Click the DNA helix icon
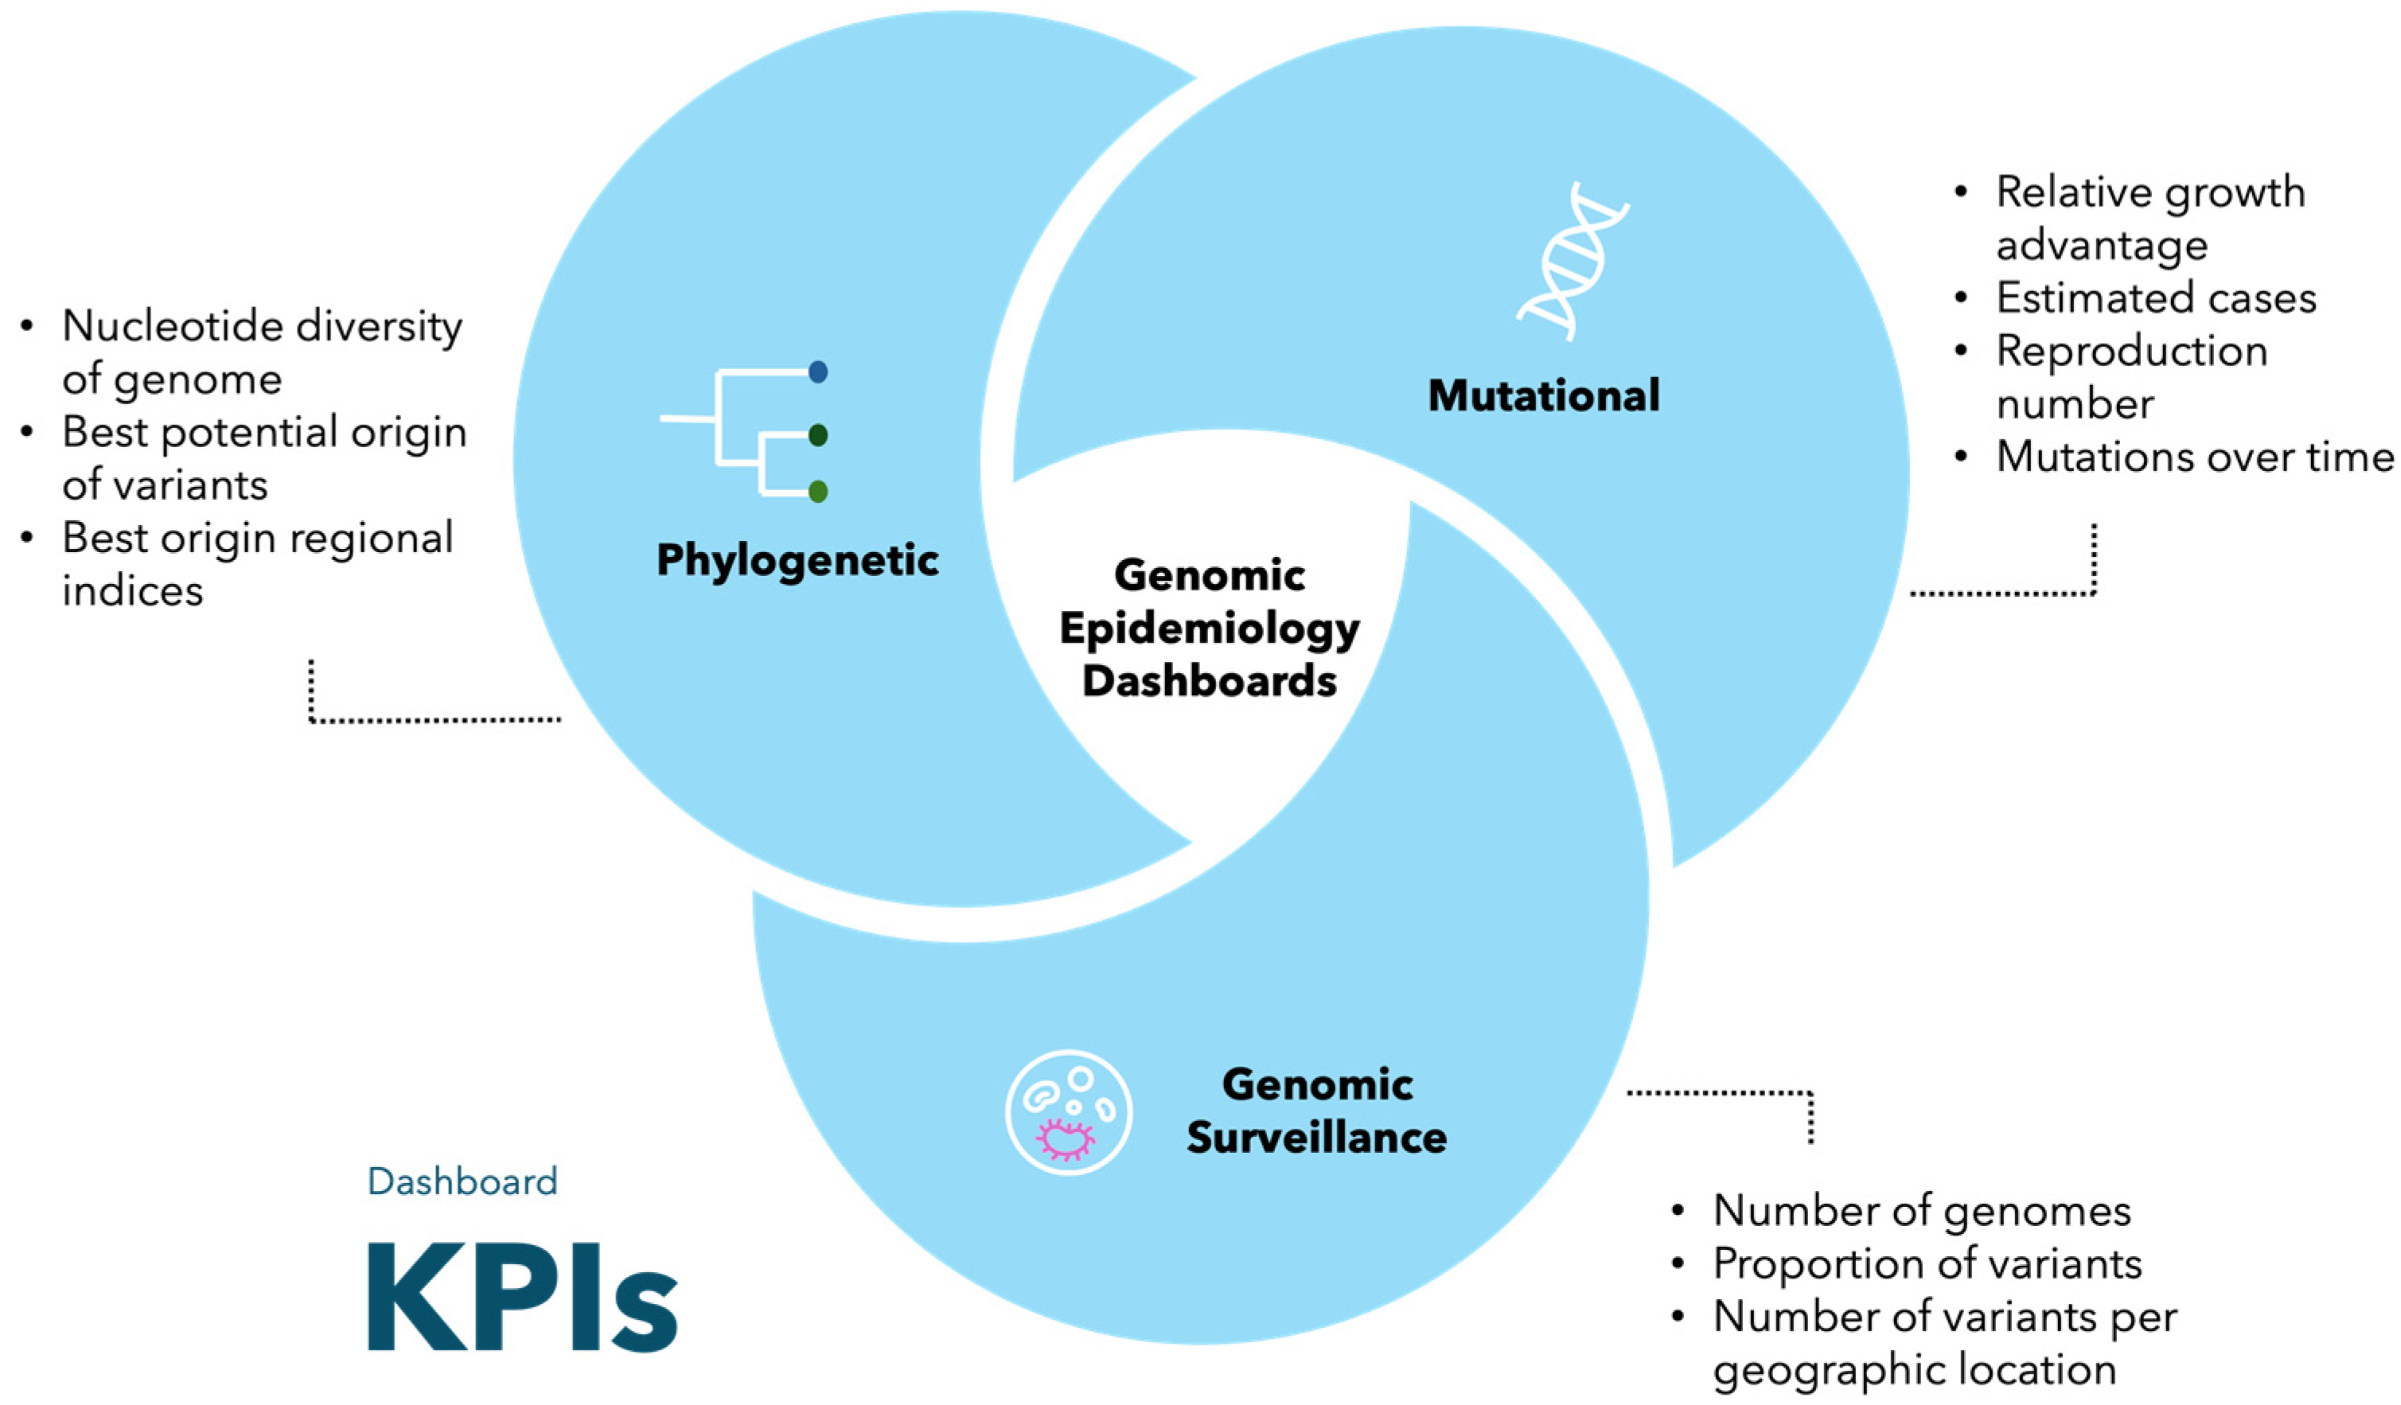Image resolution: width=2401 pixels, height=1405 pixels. [x=1572, y=262]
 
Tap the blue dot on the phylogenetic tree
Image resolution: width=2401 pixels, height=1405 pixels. [x=817, y=372]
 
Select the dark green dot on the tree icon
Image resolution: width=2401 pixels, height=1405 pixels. [x=817, y=435]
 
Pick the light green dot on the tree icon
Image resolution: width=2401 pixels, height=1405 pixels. [x=817, y=492]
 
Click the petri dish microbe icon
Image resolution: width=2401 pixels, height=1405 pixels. [x=1068, y=1112]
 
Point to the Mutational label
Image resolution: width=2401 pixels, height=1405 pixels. [x=1544, y=395]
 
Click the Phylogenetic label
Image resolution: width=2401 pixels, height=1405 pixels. [x=797, y=559]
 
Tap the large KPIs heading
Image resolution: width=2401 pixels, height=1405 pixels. [x=522, y=1298]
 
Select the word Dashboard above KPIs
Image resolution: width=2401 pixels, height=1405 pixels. [x=462, y=1181]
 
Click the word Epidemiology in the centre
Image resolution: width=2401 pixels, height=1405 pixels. [x=1210, y=629]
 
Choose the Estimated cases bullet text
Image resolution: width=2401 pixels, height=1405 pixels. [x=2155, y=298]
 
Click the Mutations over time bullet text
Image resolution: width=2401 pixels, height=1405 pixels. [x=2193, y=457]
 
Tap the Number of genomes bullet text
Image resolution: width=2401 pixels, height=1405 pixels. [x=1922, y=1211]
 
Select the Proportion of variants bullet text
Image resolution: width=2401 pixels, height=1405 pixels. [x=1927, y=1264]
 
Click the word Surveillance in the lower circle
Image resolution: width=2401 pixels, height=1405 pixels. [x=1317, y=1138]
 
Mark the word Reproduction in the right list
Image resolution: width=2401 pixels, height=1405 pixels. [x=2131, y=352]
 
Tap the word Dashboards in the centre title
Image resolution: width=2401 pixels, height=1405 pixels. [x=1210, y=681]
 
